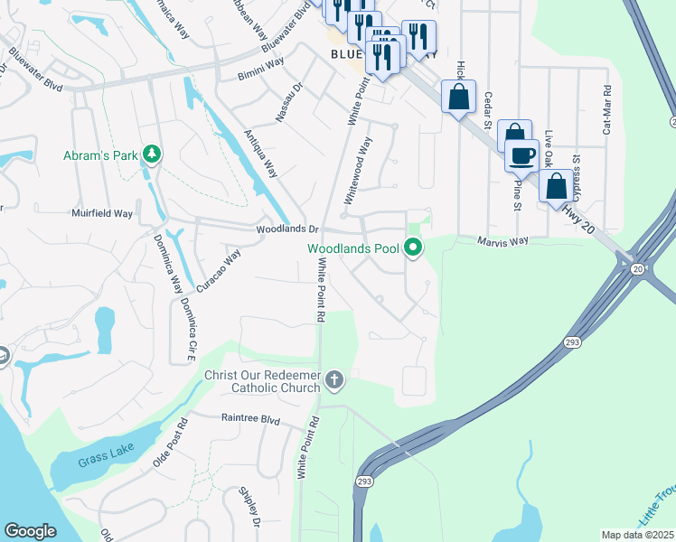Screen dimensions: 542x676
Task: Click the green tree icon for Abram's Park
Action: (153, 154)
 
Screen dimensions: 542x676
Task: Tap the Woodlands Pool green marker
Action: (413, 247)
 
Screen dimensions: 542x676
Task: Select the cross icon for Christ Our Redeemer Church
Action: (334, 379)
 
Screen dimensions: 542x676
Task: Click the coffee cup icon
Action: (521, 155)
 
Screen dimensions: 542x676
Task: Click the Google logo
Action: (30, 531)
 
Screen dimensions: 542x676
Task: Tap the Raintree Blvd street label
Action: (250, 419)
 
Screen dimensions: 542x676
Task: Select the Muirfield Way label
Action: (102, 214)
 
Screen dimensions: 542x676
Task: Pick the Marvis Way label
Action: (502, 241)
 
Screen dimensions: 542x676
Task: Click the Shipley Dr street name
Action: (249, 508)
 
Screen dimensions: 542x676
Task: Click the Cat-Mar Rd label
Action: (606, 110)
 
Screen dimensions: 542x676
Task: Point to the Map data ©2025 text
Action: (637, 535)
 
